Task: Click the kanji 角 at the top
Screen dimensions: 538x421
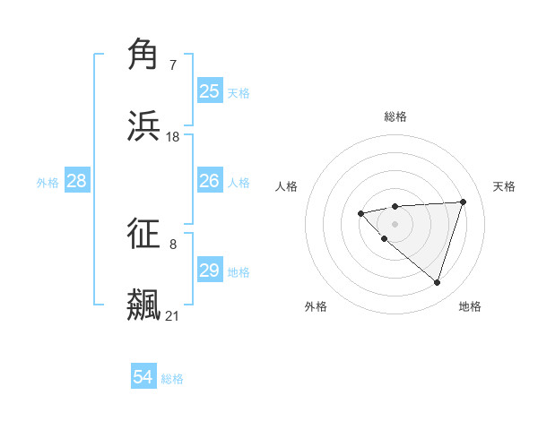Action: pos(145,55)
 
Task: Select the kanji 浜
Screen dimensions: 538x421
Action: pos(145,125)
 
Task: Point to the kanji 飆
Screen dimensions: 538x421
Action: pos(145,304)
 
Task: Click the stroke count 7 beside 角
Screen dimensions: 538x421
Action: pos(173,65)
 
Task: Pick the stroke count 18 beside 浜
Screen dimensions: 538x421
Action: pos(173,136)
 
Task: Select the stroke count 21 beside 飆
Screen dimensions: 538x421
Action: pos(173,315)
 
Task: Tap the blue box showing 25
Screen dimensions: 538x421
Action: pos(210,91)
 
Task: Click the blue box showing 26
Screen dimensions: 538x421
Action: pos(210,182)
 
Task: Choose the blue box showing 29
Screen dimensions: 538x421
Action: pos(210,271)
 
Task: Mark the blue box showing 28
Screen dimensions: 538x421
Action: pos(77,182)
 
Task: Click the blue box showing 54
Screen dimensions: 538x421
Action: pos(143,378)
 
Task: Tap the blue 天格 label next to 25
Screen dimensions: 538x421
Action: pos(239,92)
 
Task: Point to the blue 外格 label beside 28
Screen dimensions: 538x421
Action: pos(48,183)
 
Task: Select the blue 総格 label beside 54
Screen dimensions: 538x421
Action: pos(172,379)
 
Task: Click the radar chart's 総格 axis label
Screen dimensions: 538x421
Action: pos(395,116)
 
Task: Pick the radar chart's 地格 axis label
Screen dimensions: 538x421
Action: pos(470,306)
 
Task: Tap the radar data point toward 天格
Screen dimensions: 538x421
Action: pos(463,202)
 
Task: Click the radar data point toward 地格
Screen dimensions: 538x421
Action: pos(437,282)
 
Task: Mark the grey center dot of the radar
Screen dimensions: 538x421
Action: pos(395,223)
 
